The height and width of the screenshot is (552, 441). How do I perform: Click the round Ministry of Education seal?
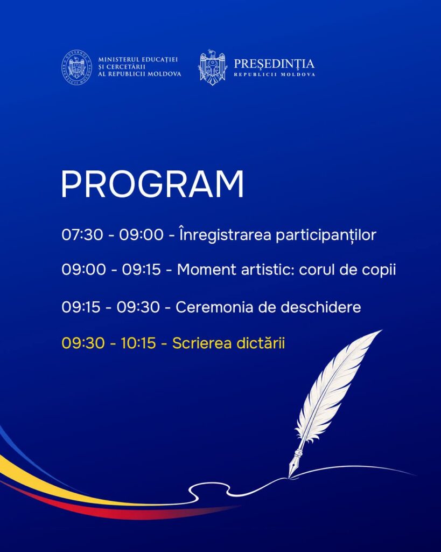[76, 67]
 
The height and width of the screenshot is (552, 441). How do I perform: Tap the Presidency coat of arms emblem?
[212, 67]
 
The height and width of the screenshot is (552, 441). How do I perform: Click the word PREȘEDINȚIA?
[274, 64]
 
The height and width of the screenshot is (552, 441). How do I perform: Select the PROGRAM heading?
[152, 184]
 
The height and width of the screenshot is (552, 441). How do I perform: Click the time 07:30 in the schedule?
[82, 235]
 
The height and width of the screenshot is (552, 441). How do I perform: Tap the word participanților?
[326, 235]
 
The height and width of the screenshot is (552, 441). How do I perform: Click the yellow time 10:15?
[138, 343]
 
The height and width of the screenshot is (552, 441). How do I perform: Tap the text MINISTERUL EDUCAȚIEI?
[138, 60]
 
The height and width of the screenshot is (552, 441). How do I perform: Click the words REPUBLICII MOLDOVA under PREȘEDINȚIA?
[274, 74]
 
